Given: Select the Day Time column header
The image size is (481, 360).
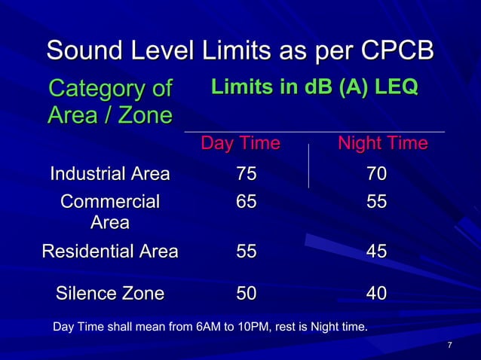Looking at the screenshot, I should (240, 143).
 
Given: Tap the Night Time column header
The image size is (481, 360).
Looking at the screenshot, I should (382, 143).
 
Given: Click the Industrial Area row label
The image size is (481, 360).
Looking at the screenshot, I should (109, 175).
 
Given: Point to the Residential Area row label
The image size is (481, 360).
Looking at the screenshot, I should (109, 252).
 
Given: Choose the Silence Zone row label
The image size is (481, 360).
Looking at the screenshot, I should (110, 294).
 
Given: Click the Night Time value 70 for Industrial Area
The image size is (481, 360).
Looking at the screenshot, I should (377, 175).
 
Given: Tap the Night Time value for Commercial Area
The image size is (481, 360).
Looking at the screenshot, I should (377, 202).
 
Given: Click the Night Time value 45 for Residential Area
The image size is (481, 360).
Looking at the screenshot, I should (377, 252).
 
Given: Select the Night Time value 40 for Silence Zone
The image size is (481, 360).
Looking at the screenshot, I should (377, 294).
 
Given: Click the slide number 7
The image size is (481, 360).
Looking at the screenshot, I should (449, 346).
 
